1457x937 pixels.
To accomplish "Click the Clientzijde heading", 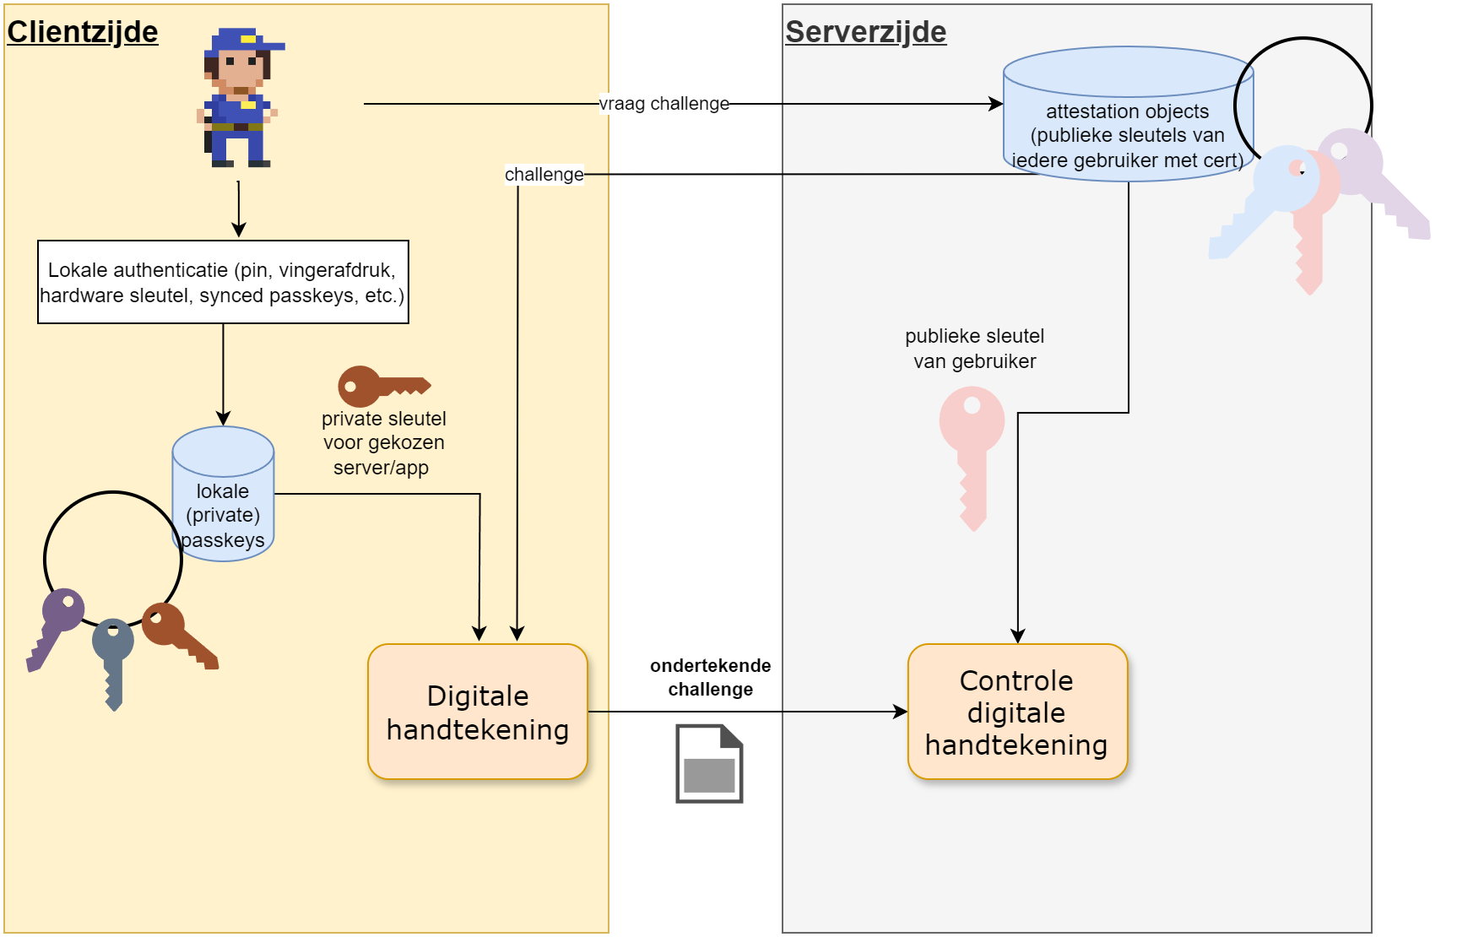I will (x=83, y=32).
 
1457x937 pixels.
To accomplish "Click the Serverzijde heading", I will (x=865, y=32).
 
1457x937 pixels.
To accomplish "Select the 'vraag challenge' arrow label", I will (x=664, y=104).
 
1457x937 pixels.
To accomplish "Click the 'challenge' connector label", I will (x=544, y=175).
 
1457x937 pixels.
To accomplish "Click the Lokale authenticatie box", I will (x=223, y=282).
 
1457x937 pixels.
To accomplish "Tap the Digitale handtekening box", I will (x=478, y=712).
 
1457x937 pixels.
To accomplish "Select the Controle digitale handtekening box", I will (x=1017, y=712).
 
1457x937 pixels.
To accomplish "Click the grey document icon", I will (x=709, y=764).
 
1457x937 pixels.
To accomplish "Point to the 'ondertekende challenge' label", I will (x=710, y=677).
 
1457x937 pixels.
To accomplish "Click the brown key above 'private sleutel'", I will (x=380, y=387).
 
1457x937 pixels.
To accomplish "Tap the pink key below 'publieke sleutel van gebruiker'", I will (x=972, y=447).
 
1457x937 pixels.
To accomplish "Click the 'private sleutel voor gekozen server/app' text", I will (x=383, y=443).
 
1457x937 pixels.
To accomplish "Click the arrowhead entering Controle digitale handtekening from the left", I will (x=902, y=712).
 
